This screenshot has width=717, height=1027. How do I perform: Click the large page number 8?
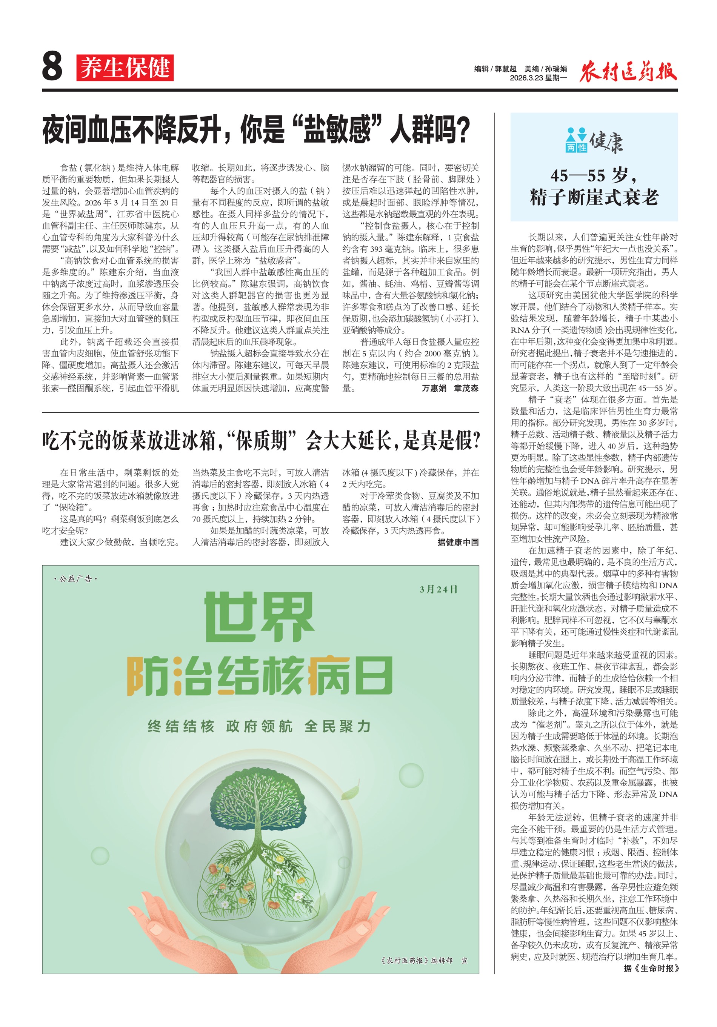tap(52, 66)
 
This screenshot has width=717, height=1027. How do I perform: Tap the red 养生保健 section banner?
tap(125, 68)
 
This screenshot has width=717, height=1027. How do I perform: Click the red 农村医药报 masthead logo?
tap(628, 71)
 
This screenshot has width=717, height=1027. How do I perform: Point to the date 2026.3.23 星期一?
tap(538, 78)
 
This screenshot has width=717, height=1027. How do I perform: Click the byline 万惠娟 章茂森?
tap(449, 388)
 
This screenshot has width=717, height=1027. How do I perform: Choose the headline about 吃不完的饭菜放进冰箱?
tap(261, 441)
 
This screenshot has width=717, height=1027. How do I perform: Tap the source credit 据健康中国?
tap(458, 542)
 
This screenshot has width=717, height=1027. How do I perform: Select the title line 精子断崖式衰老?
tap(594, 197)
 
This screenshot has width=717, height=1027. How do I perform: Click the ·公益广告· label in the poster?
tap(75, 579)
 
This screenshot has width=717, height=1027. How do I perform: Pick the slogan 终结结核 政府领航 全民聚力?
tap(259, 726)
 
